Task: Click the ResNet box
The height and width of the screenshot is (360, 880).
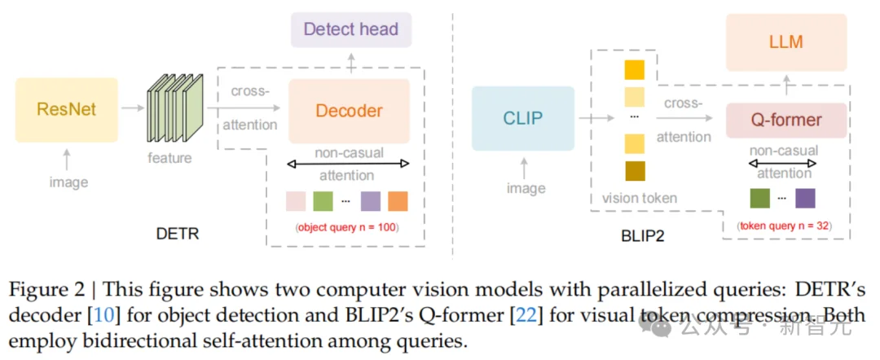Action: point(66,108)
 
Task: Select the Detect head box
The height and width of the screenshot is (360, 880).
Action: point(350,29)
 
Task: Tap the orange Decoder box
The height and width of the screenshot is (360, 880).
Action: point(349,110)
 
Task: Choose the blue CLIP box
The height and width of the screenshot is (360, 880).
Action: point(521,118)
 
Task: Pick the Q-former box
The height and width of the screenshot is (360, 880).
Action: point(785,121)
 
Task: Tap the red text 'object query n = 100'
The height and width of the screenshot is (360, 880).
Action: point(348,227)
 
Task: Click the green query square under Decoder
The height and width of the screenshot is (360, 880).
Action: point(323,201)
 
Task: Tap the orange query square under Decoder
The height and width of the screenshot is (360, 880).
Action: point(397,201)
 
